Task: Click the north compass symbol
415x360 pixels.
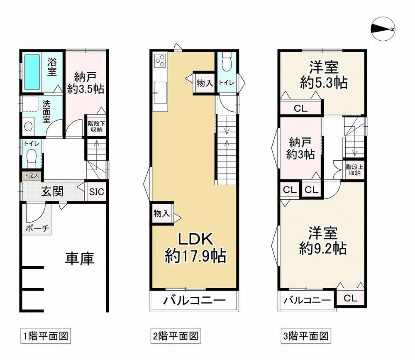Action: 383,29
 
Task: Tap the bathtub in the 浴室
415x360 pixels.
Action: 32,72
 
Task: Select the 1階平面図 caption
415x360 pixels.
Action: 46,336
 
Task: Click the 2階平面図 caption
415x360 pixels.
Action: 176,336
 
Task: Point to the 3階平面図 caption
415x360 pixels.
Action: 306,336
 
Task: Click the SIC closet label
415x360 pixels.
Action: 97,191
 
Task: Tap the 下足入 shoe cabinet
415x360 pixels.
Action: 31,176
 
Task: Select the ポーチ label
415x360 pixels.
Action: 37,228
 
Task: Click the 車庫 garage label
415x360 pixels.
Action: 80,259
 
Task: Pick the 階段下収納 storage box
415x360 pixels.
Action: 96,127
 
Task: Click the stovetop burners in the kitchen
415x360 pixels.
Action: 160,61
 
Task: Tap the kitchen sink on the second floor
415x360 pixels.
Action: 160,93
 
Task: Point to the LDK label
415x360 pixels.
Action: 195,239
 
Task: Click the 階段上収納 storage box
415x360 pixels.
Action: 354,170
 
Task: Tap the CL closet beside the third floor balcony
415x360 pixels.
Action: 351,298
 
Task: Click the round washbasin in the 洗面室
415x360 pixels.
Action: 28,126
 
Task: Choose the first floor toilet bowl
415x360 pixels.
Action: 32,157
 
